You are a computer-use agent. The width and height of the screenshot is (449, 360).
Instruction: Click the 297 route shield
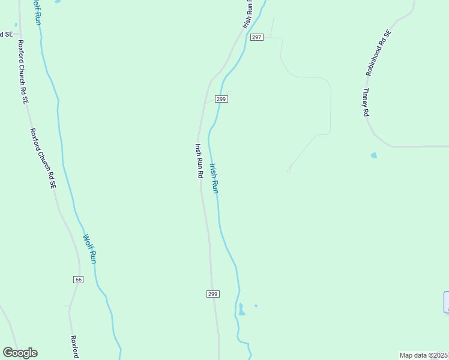coord(256,37)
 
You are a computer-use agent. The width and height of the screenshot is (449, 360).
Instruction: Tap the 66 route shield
coord(78,280)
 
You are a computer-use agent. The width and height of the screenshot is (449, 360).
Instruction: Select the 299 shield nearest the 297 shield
coord(221,99)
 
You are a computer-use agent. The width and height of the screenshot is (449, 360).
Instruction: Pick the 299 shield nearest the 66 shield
coord(212,294)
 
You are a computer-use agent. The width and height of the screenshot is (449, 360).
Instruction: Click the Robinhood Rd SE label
coord(378,53)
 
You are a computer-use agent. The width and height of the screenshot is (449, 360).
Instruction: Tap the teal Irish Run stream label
coord(214,178)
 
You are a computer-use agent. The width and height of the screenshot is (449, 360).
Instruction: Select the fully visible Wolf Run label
coord(89,249)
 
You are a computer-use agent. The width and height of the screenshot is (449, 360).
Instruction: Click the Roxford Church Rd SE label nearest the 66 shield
coord(42,159)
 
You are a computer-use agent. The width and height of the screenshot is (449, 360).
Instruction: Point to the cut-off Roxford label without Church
coord(75,347)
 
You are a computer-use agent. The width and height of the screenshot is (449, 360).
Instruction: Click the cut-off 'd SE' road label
coord(6,34)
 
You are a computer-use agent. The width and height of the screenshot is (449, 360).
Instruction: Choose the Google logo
coord(20,353)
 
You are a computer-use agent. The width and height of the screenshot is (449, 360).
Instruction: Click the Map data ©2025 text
coord(424,355)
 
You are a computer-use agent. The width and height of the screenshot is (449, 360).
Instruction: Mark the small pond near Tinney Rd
coord(374,155)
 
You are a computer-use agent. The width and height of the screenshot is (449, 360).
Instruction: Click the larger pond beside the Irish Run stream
coord(242,310)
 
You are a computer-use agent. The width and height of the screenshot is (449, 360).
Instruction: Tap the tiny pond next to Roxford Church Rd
coord(16,25)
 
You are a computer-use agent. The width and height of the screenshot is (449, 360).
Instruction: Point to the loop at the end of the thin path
coord(289,170)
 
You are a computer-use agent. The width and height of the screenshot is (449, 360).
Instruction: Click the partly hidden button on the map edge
coord(446,302)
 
